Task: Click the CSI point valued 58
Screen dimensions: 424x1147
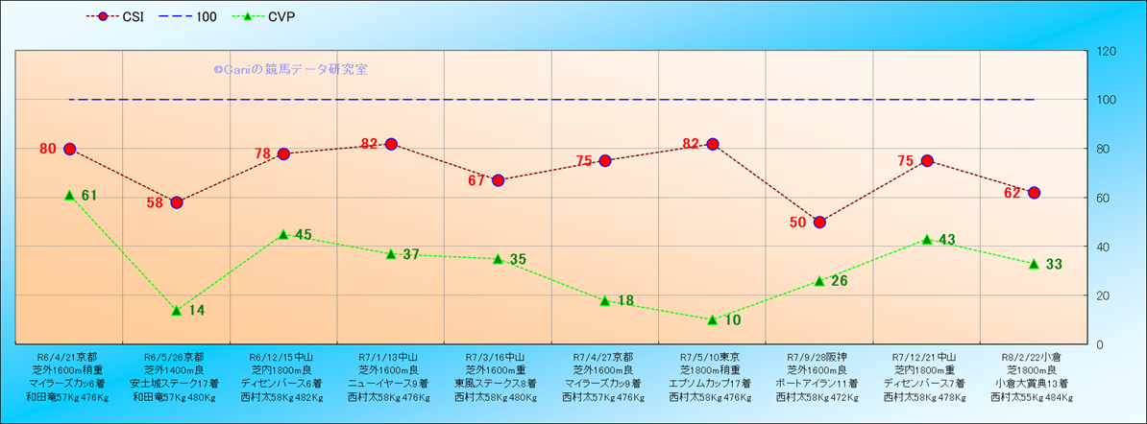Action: pyautogui.click(x=177, y=202)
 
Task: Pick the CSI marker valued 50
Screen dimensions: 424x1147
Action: pyautogui.click(x=819, y=223)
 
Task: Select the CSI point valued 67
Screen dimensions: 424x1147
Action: pyautogui.click(x=498, y=180)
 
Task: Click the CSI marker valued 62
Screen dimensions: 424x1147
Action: pyautogui.click(x=1034, y=193)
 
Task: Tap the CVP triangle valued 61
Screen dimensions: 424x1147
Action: pyautogui.click(x=69, y=195)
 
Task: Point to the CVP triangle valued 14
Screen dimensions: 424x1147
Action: pyautogui.click(x=177, y=310)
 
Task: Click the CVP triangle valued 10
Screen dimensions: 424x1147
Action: pyautogui.click(x=712, y=319)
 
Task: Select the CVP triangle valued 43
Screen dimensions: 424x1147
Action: pyautogui.click(x=927, y=239)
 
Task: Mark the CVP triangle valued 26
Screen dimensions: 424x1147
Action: pyautogui.click(x=819, y=280)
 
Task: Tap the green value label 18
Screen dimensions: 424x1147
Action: pyautogui.click(x=624, y=301)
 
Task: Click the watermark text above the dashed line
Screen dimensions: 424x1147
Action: pyautogui.click(x=290, y=70)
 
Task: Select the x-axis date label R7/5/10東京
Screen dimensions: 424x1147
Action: pyautogui.click(x=712, y=357)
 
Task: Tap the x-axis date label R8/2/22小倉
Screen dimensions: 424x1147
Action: pyautogui.click(x=1034, y=357)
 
